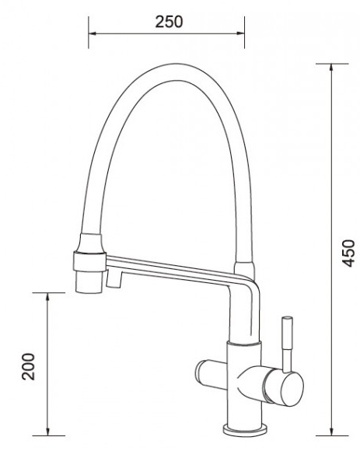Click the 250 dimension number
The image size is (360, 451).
click(x=169, y=22)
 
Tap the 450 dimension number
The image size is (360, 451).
click(x=349, y=253)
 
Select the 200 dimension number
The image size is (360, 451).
click(x=28, y=366)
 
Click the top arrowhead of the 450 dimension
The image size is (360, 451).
click(x=331, y=68)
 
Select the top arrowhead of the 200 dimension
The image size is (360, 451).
click(x=48, y=297)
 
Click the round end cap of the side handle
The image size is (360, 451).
click(x=292, y=390)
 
